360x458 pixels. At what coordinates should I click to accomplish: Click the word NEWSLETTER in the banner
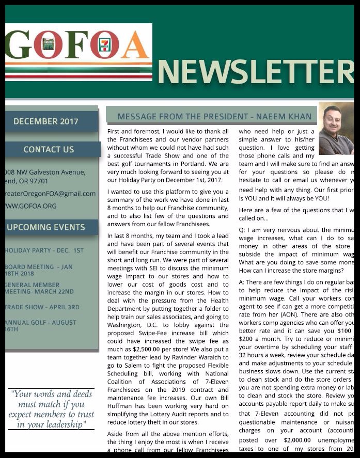pyautogui.click(x=255, y=72)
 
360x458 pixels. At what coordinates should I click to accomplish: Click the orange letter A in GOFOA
pyautogui.click(x=135, y=45)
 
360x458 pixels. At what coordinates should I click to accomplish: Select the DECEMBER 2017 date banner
pyautogui.click(x=46, y=121)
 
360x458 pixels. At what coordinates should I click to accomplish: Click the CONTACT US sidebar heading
pyautogui.click(x=49, y=149)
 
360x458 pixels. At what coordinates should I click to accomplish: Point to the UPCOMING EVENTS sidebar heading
pyautogui.click(x=46, y=227)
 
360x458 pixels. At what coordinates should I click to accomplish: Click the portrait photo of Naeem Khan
pyautogui.click(x=336, y=129)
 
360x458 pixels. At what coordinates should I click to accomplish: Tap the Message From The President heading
pyautogui.click(x=214, y=117)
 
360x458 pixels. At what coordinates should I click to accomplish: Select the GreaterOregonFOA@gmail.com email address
pyautogui.click(x=50, y=194)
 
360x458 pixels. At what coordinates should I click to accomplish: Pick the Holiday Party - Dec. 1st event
pyautogui.click(x=44, y=250)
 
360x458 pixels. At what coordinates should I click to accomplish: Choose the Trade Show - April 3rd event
pyautogui.click(x=42, y=307)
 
